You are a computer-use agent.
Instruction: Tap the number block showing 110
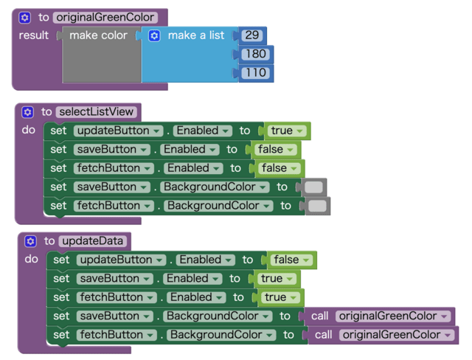point(256,74)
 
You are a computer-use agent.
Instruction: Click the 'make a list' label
point(196,35)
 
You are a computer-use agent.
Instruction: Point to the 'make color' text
point(98,35)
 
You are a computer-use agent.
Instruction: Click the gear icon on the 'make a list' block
point(154,35)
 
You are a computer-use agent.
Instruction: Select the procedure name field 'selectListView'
point(96,112)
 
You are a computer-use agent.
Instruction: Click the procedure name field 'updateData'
point(94,241)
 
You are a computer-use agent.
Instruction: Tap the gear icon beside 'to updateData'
point(30,241)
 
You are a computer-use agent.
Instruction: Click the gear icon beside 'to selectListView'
point(27,112)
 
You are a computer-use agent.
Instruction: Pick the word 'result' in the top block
point(34,35)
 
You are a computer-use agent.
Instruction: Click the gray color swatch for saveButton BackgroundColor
point(314,187)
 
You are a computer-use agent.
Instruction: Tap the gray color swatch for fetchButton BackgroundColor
point(318,206)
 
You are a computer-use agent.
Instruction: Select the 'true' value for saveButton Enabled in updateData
point(277,278)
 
